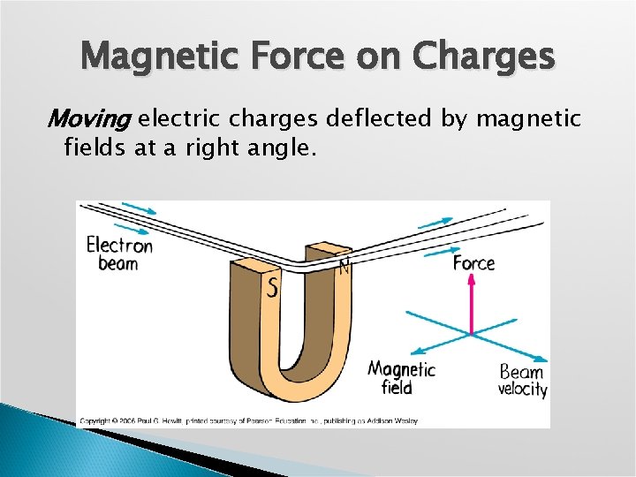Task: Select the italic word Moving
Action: click(88, 117)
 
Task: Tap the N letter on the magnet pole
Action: click(344, 266)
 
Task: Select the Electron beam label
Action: click(118, 254)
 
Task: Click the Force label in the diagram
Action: click(474, 263)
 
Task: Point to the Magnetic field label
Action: click(401, 377)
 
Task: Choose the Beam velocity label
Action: click(522, 380)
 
